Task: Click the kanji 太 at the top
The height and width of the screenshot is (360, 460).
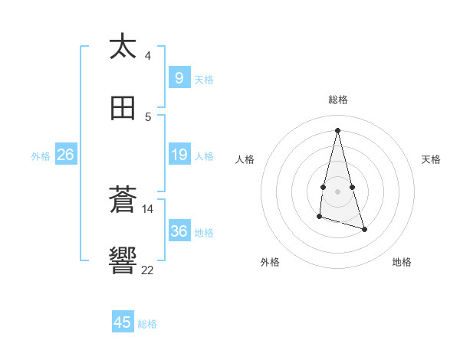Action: click(123, 47)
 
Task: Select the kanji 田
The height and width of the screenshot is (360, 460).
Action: click(123, 108)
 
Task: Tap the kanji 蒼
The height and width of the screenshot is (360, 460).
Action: click(123, 200)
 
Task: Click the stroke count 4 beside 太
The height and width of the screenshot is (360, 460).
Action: click(148, 56)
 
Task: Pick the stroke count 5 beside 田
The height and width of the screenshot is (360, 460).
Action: click(148, 117)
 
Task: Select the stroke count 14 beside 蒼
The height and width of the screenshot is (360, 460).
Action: click(148, 208)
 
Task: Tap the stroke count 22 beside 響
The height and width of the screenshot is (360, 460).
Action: click(148, 270)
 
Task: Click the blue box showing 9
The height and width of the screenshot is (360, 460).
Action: click(179, 78)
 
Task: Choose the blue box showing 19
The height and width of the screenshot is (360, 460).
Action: click(179, 155)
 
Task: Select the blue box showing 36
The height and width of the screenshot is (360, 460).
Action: click(179, 231)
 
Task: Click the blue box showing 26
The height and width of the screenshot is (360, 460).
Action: click(65, 155)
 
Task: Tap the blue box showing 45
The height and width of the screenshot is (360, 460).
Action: click(123, 322)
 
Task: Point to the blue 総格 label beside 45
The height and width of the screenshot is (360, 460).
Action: click(147, 324)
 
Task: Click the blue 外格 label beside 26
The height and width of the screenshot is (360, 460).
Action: click(41, 156)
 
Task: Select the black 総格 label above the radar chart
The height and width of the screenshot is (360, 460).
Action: click(338, 100)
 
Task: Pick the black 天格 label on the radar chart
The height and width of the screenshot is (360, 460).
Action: click(432, 159)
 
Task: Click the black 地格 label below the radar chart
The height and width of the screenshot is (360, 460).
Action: click(402, 263)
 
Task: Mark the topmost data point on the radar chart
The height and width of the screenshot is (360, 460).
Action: click(338, 130)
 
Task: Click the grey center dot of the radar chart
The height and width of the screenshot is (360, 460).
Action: click(338, 191)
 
